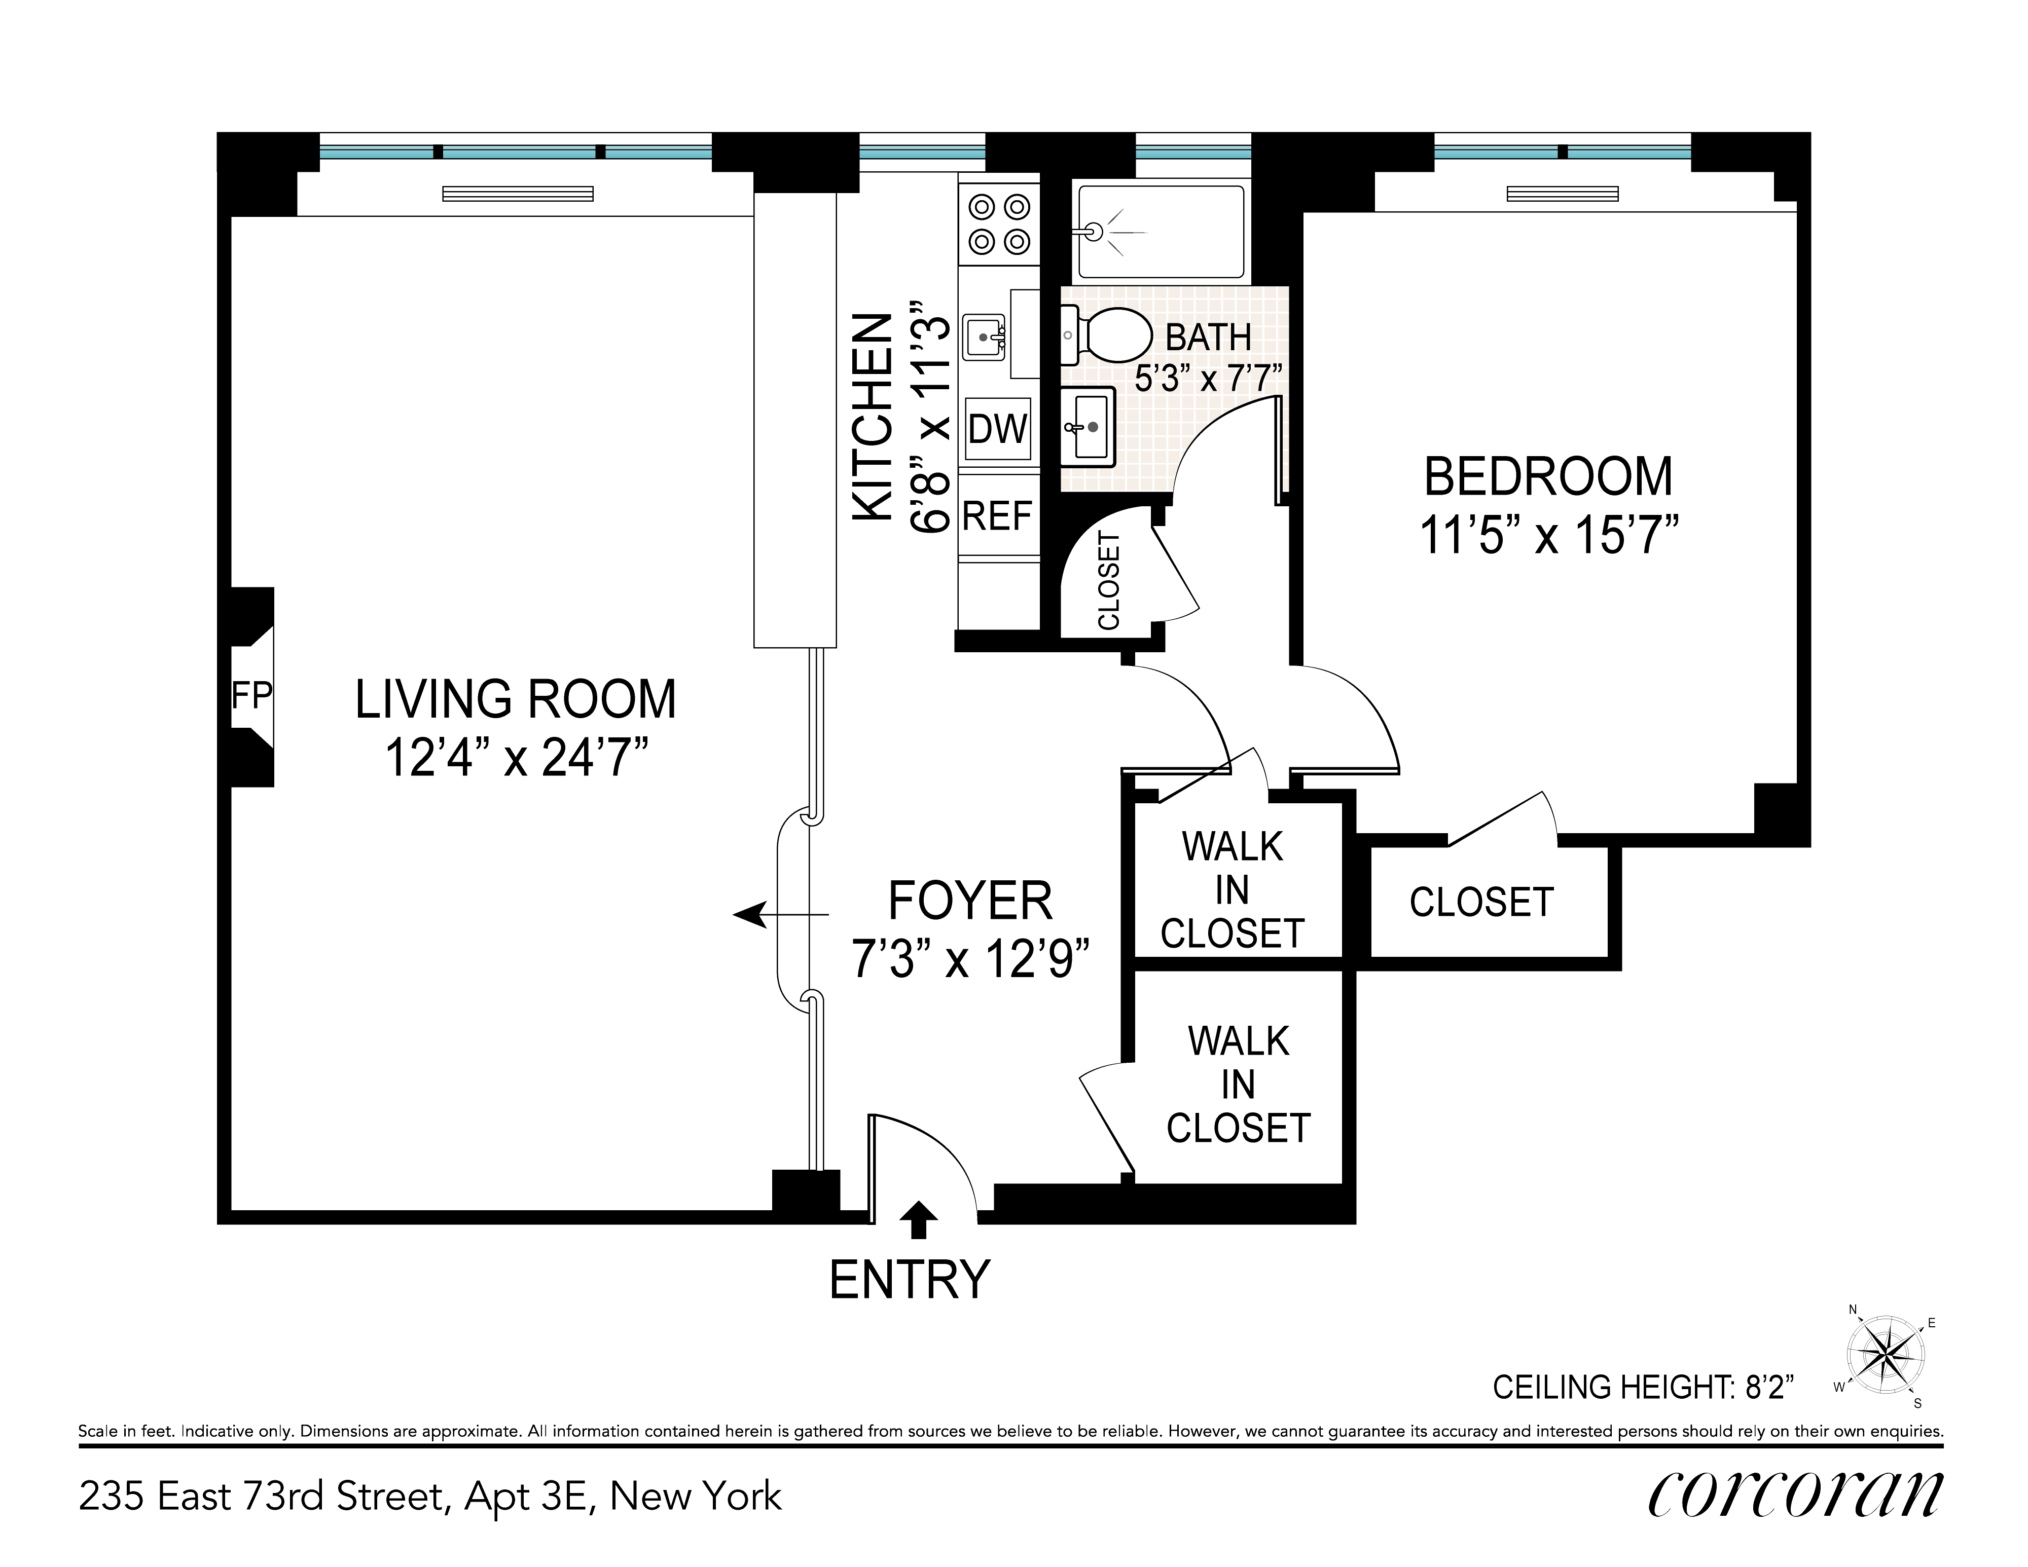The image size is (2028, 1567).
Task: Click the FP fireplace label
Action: tap(251, 694)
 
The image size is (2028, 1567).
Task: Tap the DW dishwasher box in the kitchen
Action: tap(998, 429)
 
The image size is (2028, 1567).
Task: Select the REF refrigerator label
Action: tap(997, 516)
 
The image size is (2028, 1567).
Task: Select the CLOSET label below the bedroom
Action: tap(1481, 902)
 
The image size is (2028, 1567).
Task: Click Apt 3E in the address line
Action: tap(529, 1497)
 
